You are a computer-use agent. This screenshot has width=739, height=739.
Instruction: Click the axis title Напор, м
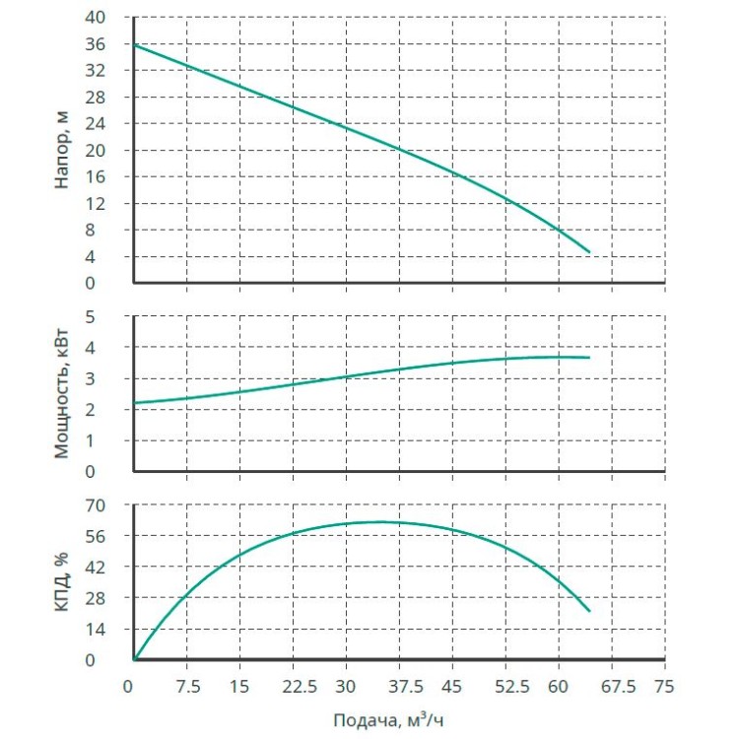point(62,150)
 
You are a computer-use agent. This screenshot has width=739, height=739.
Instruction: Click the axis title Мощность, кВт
point(62,394)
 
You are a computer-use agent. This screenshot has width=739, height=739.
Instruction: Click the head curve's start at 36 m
point(134,44)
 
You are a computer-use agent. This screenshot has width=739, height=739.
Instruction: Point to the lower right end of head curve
point(589,252)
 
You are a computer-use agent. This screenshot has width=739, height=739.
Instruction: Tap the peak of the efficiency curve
point(379,521)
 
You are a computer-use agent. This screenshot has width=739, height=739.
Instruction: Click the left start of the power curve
point(134,403)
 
